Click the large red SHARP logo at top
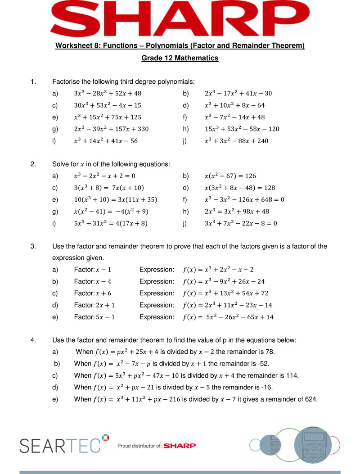180,18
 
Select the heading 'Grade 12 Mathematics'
180,58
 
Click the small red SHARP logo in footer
180,446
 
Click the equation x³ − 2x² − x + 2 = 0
104,176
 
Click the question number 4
33,340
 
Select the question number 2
33,164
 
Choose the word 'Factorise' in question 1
66,81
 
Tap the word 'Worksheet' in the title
72,45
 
